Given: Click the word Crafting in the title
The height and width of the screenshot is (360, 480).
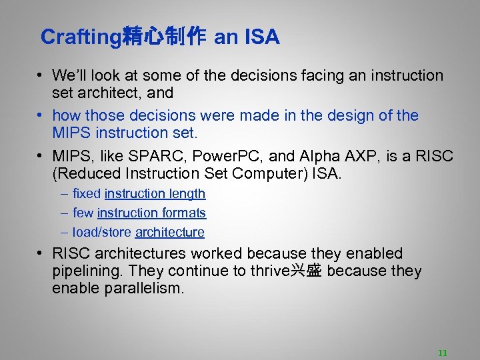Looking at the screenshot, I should coord(81,37).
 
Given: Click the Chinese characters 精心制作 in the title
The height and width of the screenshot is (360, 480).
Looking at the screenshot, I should coord(164,37).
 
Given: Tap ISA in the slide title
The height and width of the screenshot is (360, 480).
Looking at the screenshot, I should coord(262,37).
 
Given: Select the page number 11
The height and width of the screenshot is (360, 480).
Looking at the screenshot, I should coord(442,353).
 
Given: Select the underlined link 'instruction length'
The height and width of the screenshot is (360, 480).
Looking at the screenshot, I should coord(155,193).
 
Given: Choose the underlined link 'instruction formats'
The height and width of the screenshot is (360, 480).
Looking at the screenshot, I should coord(151,213).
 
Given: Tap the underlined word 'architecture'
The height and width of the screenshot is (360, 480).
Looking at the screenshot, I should coord(169,232).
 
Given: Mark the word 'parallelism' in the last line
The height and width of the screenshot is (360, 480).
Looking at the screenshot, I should coord(143,289).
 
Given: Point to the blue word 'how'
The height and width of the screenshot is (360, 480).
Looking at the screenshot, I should coord(65,115).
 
